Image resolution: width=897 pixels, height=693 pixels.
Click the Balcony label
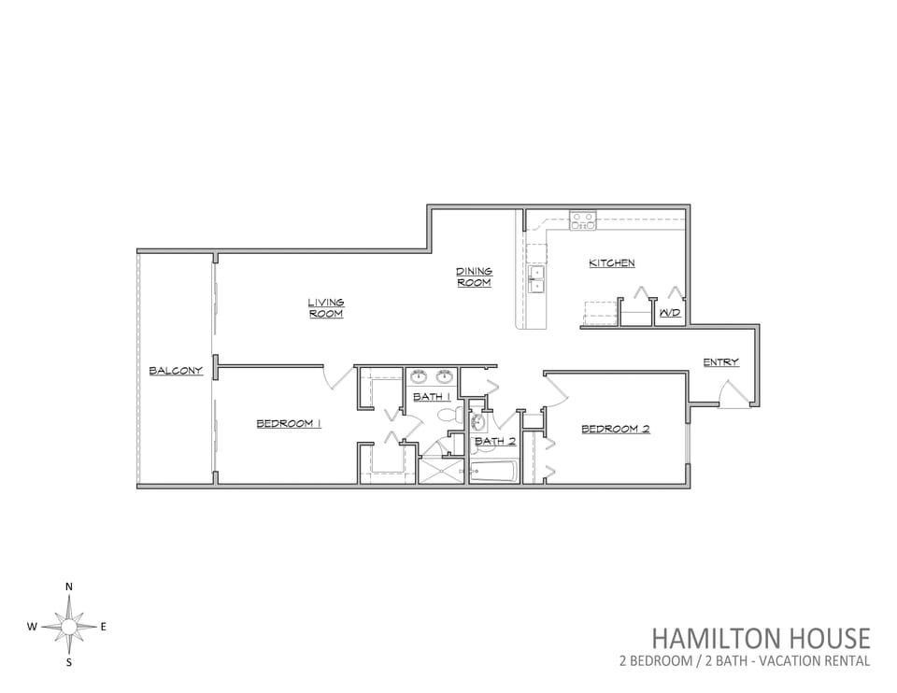point(176,371)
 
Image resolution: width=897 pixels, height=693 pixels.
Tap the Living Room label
point(326,307)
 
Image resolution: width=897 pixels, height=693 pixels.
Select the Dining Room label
point(475,276)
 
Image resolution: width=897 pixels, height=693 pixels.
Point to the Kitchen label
point(611,263)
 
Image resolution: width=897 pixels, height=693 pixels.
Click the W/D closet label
point(670,313)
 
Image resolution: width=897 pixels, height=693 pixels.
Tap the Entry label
point(720,362)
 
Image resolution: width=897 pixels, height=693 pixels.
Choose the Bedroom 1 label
point(289,424)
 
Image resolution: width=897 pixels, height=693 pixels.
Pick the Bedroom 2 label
point(616,429)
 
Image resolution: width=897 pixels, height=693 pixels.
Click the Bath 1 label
point(433,396)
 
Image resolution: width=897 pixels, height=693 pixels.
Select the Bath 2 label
point(495,441)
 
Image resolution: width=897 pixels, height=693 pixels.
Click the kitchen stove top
point(582,220)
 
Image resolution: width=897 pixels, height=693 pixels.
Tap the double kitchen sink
point(536,279)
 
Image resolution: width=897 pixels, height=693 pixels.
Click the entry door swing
point(733,394)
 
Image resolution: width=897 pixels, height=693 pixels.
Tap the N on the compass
point(69,587)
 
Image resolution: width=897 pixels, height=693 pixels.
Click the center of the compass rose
point(69,628)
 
